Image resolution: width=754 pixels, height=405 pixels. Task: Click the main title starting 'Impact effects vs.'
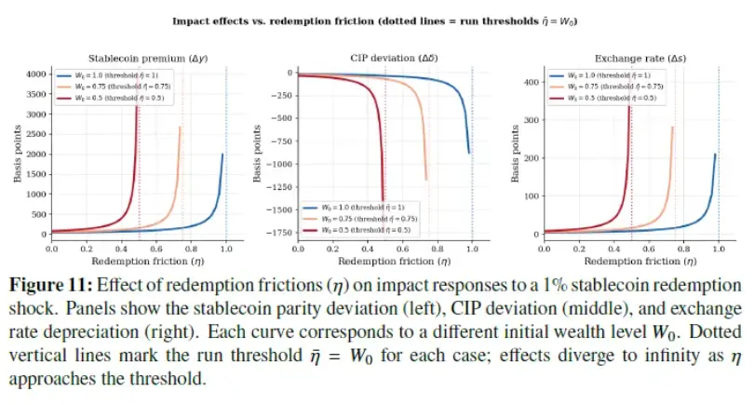click(x=376, y=19)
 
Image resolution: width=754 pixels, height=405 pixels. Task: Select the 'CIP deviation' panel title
click(x=385, y=58)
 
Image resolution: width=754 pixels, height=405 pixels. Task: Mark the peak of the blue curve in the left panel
click(x=222, y=155)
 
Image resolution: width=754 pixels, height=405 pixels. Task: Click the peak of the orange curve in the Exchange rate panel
click(x=672, y=128)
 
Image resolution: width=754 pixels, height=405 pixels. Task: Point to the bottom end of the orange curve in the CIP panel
click(x=425, y=180)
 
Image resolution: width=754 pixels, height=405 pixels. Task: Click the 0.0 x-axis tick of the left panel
click(x=51, y=249)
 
